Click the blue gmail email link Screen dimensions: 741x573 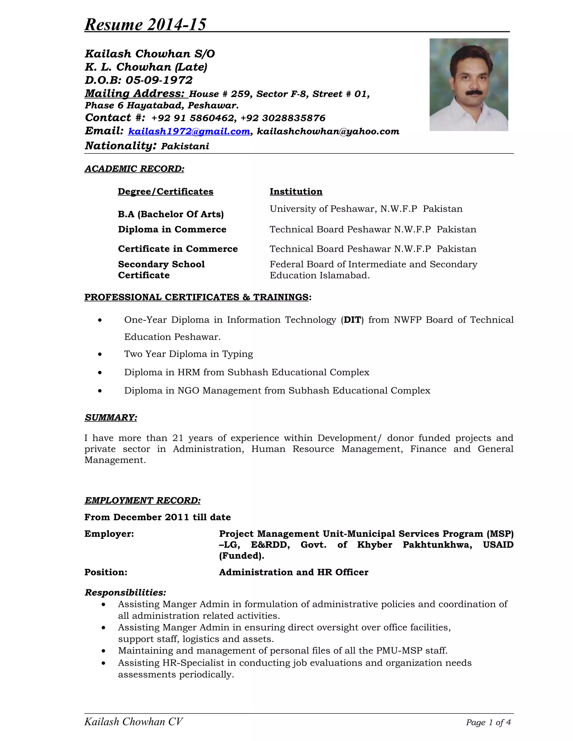189,131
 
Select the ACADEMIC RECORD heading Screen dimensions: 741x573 134,169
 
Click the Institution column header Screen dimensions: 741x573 296,192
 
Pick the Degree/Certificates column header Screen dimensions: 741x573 165,192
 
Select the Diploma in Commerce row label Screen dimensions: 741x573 172,229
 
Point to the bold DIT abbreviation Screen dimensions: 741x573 352,320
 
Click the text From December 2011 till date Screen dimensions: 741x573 157,517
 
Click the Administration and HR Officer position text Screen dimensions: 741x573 293,572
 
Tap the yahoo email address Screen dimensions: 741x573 328,131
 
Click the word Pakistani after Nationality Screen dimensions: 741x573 185,146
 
